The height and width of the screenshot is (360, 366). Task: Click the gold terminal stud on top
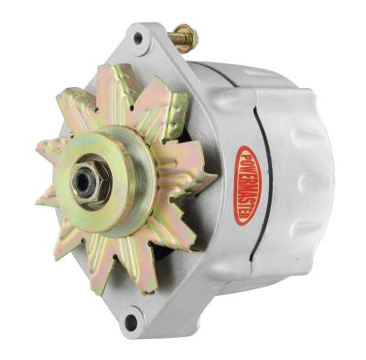183,38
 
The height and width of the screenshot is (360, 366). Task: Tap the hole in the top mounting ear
138,38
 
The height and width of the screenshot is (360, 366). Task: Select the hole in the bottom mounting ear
131,322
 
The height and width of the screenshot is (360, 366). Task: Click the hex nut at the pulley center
85,181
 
